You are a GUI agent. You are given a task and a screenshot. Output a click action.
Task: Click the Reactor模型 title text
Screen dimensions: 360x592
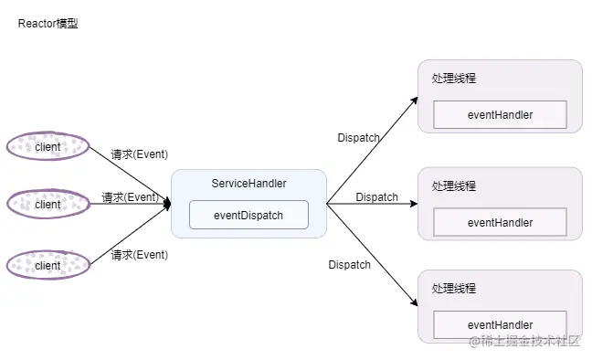(x=48, y=24)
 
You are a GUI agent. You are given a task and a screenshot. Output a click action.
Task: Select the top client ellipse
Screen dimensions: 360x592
(x=48, y=146)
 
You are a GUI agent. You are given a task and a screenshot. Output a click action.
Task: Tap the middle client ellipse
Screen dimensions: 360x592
(x=48, y=205)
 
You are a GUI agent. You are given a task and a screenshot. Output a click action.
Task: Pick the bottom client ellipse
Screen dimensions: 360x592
(x=48, y=265)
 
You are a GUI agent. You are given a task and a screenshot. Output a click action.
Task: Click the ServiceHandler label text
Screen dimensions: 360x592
(x=248, y=184)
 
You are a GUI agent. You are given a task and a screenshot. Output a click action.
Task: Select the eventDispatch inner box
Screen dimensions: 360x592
(x=248, y=216)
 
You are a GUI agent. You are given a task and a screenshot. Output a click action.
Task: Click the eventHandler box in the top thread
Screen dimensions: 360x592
(x=500, y=115)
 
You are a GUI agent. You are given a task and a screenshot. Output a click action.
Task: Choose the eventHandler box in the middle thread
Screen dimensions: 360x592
(x=500, y=222)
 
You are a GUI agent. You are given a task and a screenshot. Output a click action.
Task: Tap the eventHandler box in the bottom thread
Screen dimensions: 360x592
(x=500, y=325)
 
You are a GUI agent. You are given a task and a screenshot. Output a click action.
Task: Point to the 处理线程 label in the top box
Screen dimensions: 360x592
(x=454, y=79)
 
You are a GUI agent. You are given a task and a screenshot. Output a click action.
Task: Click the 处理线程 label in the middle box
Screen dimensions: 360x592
(x=454, y=186)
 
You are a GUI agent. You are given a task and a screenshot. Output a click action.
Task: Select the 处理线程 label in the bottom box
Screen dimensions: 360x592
(x=454, y=290)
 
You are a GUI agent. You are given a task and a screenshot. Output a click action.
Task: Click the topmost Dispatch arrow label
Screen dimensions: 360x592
(x=358, y=138)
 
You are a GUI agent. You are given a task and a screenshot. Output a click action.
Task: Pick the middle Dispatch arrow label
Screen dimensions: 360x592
(x=376, y=197)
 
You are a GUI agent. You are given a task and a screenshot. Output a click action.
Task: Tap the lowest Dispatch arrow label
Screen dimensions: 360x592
(x=349, y=265)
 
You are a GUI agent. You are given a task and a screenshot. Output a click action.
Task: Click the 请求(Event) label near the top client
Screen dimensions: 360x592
(x=139, y=154)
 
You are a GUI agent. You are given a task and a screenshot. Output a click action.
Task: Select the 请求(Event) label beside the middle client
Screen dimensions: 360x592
(x=130, y=197)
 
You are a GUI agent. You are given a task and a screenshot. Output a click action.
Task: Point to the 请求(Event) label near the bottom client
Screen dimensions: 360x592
(x=139, y=255)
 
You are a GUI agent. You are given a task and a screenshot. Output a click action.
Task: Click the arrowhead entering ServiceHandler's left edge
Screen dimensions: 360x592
(x=167, y=205)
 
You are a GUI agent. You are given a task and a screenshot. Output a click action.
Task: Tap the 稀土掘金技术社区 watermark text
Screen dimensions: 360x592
(x=525, y=342)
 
